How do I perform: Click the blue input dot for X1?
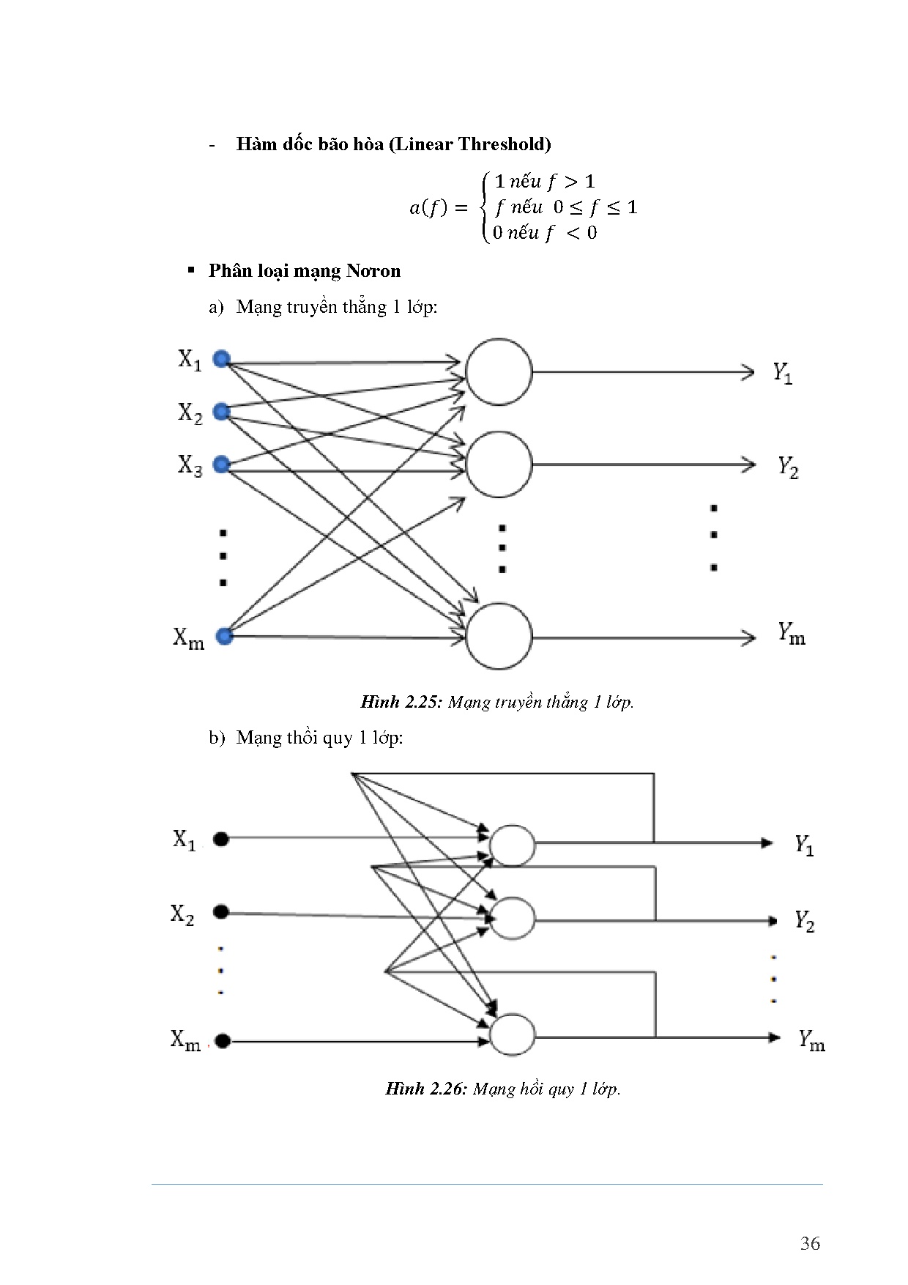click(x=221, y=359)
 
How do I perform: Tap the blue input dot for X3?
click(x=221, y=464)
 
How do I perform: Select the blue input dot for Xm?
click(x=225, y=636)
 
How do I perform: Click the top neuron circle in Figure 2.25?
click(x=499, y=371)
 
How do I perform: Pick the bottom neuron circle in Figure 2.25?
click(x=499, y=636)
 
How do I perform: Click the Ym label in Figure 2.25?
click(x=791, y=634)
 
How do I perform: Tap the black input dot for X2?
click(x=221, y=912)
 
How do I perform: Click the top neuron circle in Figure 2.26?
click(x=513, y=845)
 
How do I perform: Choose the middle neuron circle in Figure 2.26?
click(x=513, y=918)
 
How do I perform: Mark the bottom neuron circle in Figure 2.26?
click(x=513, y=1035)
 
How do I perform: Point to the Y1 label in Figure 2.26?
click(x=804, y=845)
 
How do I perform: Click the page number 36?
click(x=810, y=1243)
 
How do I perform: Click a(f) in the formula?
click(x=427, y=208)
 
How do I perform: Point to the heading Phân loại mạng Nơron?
click(x=305, y=271)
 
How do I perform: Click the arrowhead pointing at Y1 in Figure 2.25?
click(x=748, y=372)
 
